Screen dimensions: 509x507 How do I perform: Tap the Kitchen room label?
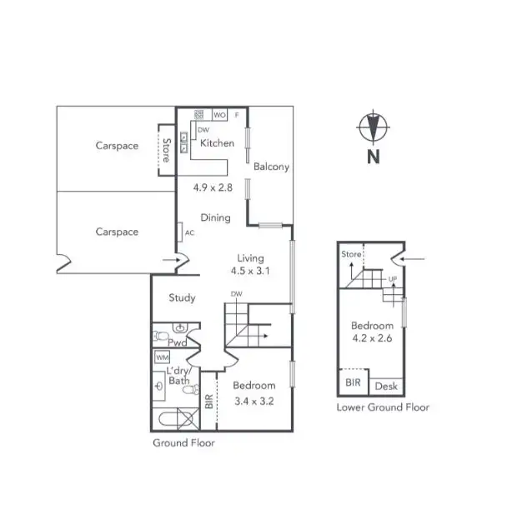pos(217,143)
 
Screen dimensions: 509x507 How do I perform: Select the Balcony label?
pos(271,167)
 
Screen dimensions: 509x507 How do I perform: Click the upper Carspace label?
pos(117,146)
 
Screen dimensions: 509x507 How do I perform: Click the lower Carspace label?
pos(117,232)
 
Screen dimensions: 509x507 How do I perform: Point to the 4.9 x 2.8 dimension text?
pos(212,187)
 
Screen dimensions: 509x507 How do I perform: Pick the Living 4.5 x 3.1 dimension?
pos(251,271)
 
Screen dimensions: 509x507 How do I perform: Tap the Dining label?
pos(215,218)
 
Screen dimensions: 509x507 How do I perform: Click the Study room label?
pos(182,297)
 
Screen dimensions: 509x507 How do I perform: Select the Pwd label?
pos(178,342)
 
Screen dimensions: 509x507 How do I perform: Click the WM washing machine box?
pos(163,357)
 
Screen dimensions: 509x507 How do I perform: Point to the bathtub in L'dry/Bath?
pos(174,420)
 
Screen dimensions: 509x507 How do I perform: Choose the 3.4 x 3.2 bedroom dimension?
pos(254,401)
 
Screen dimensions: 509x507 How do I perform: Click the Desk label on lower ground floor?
pos(385,387)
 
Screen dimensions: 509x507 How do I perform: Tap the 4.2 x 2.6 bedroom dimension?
pos(372,338)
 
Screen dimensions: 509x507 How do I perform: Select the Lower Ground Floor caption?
pos(383,407)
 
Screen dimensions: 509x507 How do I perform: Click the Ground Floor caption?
pos(183,442)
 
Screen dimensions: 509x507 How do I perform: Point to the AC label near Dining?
pos(189,232)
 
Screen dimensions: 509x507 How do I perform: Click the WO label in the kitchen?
pos(220,115)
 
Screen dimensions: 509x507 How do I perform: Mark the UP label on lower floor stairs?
pos(392,280)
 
